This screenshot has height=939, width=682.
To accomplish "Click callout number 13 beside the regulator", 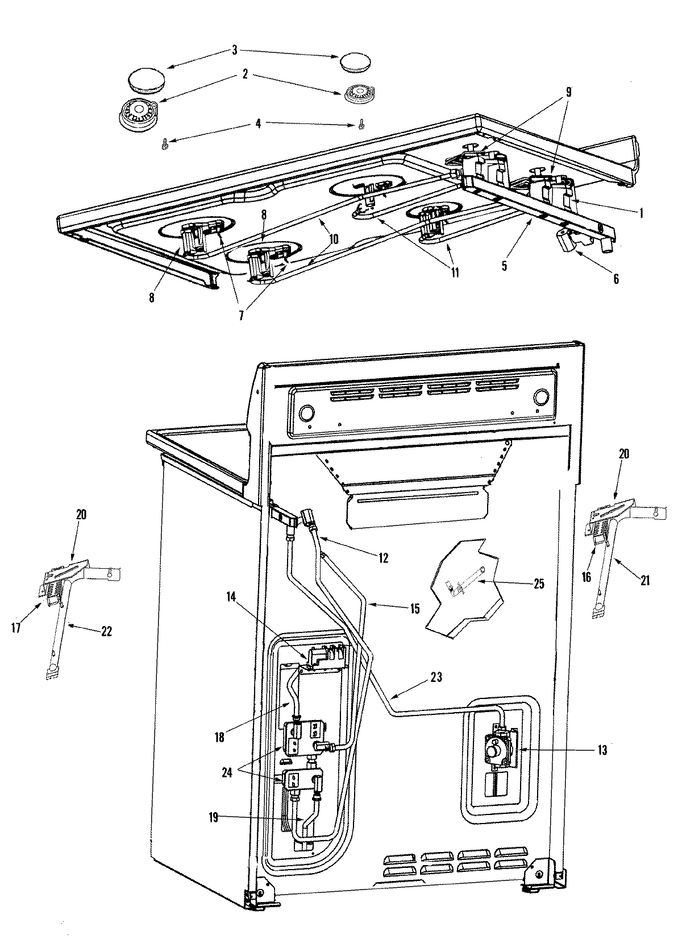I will point(602,751).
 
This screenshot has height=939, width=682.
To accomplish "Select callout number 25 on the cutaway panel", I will point(537,584).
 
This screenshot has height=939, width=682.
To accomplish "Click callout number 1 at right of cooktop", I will point(642,212).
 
